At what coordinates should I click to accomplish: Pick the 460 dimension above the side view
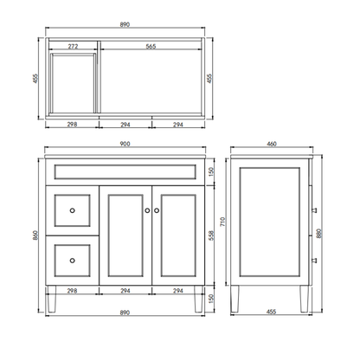click(273, 145)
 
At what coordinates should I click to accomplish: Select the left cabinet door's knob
click(147, 210)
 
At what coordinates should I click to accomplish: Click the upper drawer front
click(73, 210)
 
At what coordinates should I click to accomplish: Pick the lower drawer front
click(73, 256)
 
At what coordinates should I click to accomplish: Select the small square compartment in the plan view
click(72, 82)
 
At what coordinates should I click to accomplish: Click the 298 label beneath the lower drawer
click(73, 291)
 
